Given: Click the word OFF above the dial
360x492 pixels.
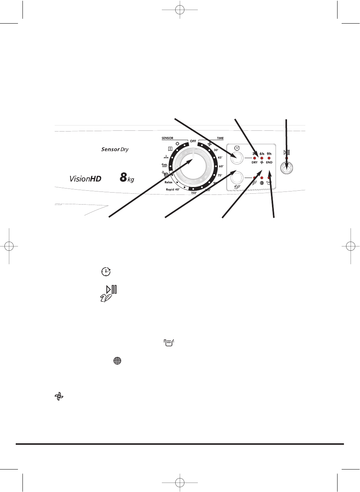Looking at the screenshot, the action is point(193,141).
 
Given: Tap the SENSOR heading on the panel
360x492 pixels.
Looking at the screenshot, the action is point(167,138).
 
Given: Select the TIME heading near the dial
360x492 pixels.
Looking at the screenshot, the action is point(220,138).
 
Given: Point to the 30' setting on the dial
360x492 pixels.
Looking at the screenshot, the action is point(216,150).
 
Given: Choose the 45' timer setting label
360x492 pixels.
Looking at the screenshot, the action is point(220,158).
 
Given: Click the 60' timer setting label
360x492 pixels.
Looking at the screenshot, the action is point(221,166).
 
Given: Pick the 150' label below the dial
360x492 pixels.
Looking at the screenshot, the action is point(194,193).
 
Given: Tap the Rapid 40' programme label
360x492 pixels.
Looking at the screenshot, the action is point(173,190).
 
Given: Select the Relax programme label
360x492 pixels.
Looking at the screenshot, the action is point(169,182).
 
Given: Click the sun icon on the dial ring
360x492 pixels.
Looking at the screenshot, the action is point(178,144).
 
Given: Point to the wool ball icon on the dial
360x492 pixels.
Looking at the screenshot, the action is point(165,174).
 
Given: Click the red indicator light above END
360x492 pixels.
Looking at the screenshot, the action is point(269,158).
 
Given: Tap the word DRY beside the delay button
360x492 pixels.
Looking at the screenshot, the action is point(254,163).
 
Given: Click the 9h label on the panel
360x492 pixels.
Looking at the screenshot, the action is point(269,154).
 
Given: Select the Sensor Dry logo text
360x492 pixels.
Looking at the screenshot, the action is point(115,149).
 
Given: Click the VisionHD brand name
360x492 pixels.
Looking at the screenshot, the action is point(85,179).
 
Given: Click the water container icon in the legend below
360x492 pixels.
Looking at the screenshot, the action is point(169,342).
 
